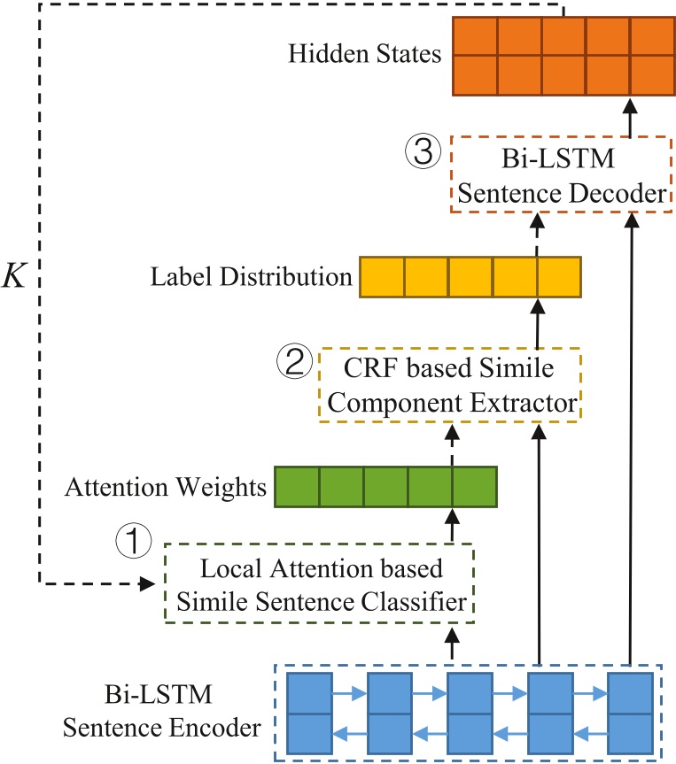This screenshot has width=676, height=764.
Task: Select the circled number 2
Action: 294,360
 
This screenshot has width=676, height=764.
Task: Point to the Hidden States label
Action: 365,55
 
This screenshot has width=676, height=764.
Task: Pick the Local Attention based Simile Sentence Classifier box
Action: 320,583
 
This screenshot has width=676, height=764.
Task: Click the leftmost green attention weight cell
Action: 297,487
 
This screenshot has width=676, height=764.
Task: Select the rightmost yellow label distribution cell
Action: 558,277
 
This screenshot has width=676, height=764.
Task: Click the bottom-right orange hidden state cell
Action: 651,74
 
